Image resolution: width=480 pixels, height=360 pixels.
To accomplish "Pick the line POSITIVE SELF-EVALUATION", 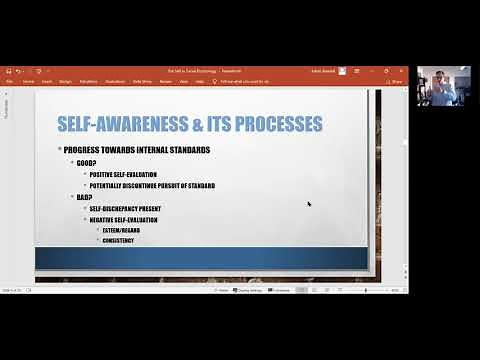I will click(131, 174).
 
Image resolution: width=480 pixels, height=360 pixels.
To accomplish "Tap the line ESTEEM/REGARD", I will click(123, 230).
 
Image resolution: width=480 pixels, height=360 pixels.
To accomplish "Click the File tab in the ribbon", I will click(10, 81).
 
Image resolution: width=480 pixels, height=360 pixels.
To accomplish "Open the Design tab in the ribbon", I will click(65, 81).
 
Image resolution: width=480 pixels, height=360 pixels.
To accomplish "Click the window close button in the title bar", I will click(402, 71).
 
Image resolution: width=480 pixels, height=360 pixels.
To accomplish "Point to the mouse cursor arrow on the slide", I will click(309, 204).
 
